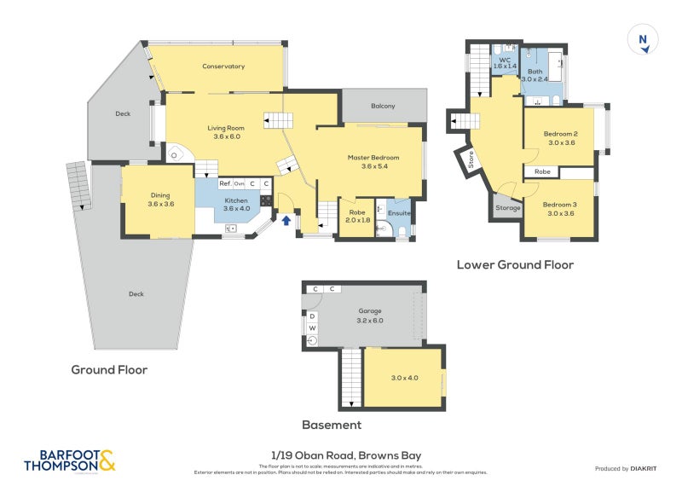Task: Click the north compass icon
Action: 643,41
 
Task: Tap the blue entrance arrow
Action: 286,220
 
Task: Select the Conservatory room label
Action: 223,67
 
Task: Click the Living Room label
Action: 226,129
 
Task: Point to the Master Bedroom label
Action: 373,158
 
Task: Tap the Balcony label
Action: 383,106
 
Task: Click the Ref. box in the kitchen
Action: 225,183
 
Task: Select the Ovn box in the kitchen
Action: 240,183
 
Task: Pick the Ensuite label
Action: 399,212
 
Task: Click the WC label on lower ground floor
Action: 505,60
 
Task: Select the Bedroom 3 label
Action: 561,205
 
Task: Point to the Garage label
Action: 370,311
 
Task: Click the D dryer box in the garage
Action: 312,316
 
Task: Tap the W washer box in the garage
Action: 312,327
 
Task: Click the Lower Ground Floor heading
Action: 515,264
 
